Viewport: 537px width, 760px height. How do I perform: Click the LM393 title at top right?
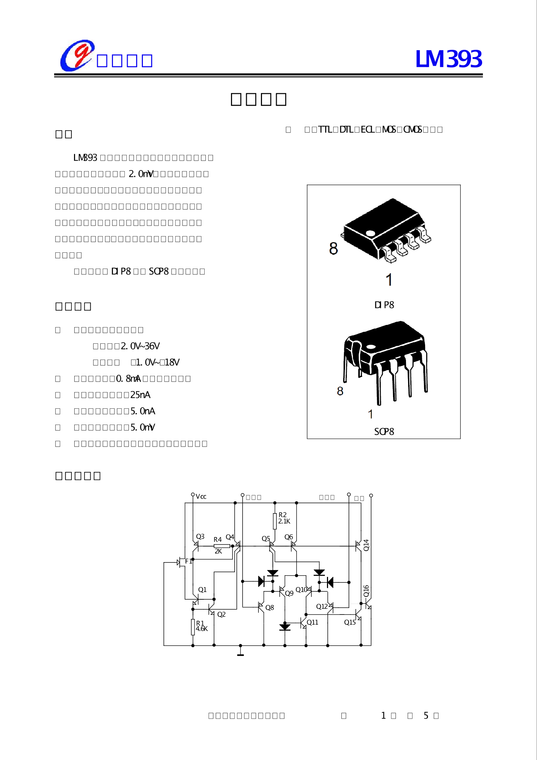[x=448, y=59]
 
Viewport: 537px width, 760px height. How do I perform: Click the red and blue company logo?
[x=77, y=56]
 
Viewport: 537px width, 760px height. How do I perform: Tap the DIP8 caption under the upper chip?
[x=384, y=305]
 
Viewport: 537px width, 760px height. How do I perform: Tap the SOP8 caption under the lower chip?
[x=384, y=431]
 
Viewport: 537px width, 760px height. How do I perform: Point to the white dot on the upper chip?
[x=370, y=234]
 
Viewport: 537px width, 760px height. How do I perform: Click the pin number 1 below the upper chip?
[x=389, y=280]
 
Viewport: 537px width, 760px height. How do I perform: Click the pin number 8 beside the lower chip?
[x=340, y=391]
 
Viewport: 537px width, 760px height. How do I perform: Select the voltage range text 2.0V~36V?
[x=140, y=346]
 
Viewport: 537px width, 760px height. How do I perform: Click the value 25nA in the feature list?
[x=140, y=395]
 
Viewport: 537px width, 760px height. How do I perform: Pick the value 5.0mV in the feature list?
[x=143, y=427]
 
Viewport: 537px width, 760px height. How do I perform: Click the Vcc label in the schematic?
[x=201, y=497]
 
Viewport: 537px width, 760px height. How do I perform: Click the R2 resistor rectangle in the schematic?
[x=275, y=521]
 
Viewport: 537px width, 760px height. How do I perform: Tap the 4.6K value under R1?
[x=202, y=629]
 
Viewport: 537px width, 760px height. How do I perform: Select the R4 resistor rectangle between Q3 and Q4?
[x=222, y=546]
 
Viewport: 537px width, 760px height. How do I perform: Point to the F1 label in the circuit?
[x=188, y=561]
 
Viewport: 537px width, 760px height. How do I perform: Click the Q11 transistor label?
[x=313, y=622]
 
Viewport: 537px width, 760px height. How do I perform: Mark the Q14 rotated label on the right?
[x=366, y=545]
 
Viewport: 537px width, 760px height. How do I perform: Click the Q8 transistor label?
[x=270, y=608]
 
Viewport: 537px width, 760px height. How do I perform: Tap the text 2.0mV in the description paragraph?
[x=141, y=174]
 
